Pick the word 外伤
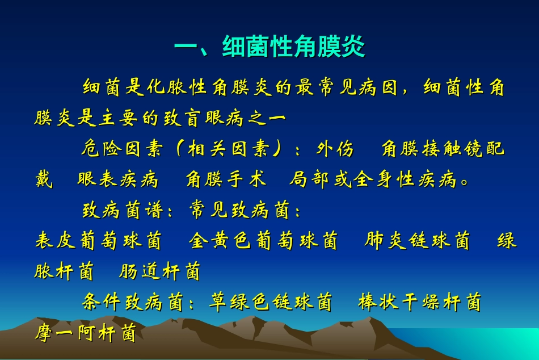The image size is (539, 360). click(335, 149)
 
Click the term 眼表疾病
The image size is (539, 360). click(117, 180)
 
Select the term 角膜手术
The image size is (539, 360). click(226, 180)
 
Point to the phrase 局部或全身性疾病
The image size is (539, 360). click(373, 180)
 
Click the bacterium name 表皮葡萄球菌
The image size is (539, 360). click(98, 241)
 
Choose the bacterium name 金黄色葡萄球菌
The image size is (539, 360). click(263, 241)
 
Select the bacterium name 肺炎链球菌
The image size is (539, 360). click(418, 241)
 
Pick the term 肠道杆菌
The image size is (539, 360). click(159, 271)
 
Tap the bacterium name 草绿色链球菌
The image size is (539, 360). click(271, 302)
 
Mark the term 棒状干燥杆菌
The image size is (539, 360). click(419, 302)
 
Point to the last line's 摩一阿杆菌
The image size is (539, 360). click(85, 333)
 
